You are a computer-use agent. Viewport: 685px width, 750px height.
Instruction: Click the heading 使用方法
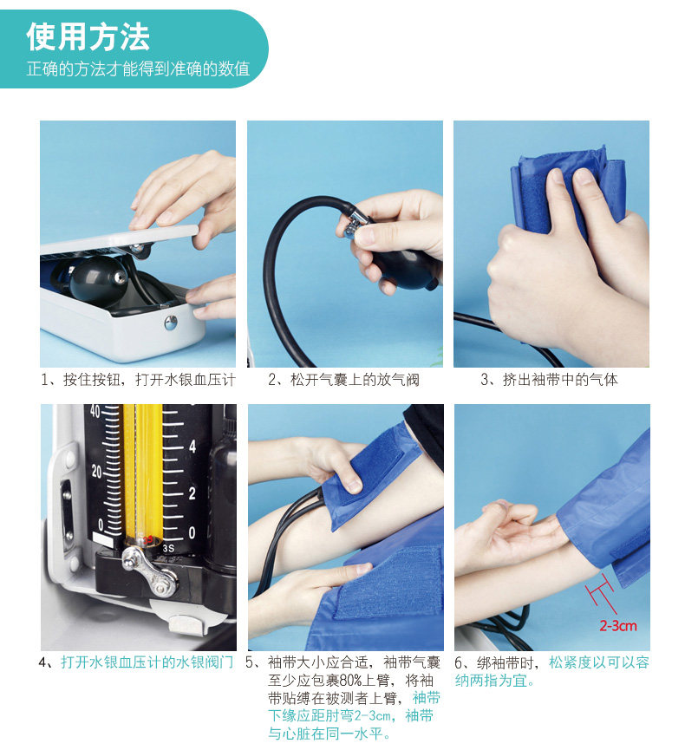coord(88,36)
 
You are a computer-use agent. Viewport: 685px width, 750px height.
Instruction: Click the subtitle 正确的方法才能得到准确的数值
coord(138,68)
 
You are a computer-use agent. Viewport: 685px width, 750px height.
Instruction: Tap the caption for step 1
coord(138,380)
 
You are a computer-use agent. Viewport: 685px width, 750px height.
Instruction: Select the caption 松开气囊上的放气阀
coord(344,380)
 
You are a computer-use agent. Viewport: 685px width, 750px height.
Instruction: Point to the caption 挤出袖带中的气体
coord(549,380)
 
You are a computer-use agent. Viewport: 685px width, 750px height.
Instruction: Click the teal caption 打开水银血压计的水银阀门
coord(147,662)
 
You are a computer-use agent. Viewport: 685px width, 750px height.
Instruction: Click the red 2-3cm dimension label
coord(618,626)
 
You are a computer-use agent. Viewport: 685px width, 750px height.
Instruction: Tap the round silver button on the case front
coord(170,323)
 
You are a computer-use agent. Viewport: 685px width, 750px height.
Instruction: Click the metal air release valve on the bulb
coord(355,224)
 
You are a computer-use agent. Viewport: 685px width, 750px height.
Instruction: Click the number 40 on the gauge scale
coord(95,411)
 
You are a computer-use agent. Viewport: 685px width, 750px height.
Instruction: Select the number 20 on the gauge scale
coord(96,472)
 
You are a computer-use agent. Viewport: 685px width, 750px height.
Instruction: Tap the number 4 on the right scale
coord(192,447)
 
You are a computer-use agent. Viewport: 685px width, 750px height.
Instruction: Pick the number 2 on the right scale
coord(192,493)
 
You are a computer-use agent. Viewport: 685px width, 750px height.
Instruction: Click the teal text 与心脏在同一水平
coord(329,734)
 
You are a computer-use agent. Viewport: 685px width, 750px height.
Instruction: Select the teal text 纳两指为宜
coord(494,680)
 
